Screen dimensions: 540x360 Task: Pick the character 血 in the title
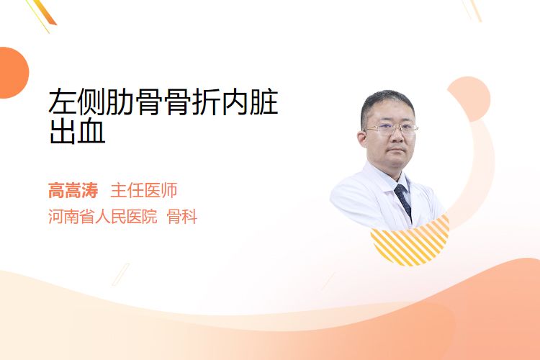[91, 131]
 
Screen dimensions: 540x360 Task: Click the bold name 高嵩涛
[73, 191]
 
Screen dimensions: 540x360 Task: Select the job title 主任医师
[143, 191]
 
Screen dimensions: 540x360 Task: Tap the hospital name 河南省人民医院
[103, 217]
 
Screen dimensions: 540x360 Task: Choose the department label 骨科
[182, 217]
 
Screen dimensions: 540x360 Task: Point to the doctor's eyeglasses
[391, 129]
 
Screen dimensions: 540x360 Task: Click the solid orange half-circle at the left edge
[14, 73]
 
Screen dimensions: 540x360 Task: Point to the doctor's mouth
[397, 150]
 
